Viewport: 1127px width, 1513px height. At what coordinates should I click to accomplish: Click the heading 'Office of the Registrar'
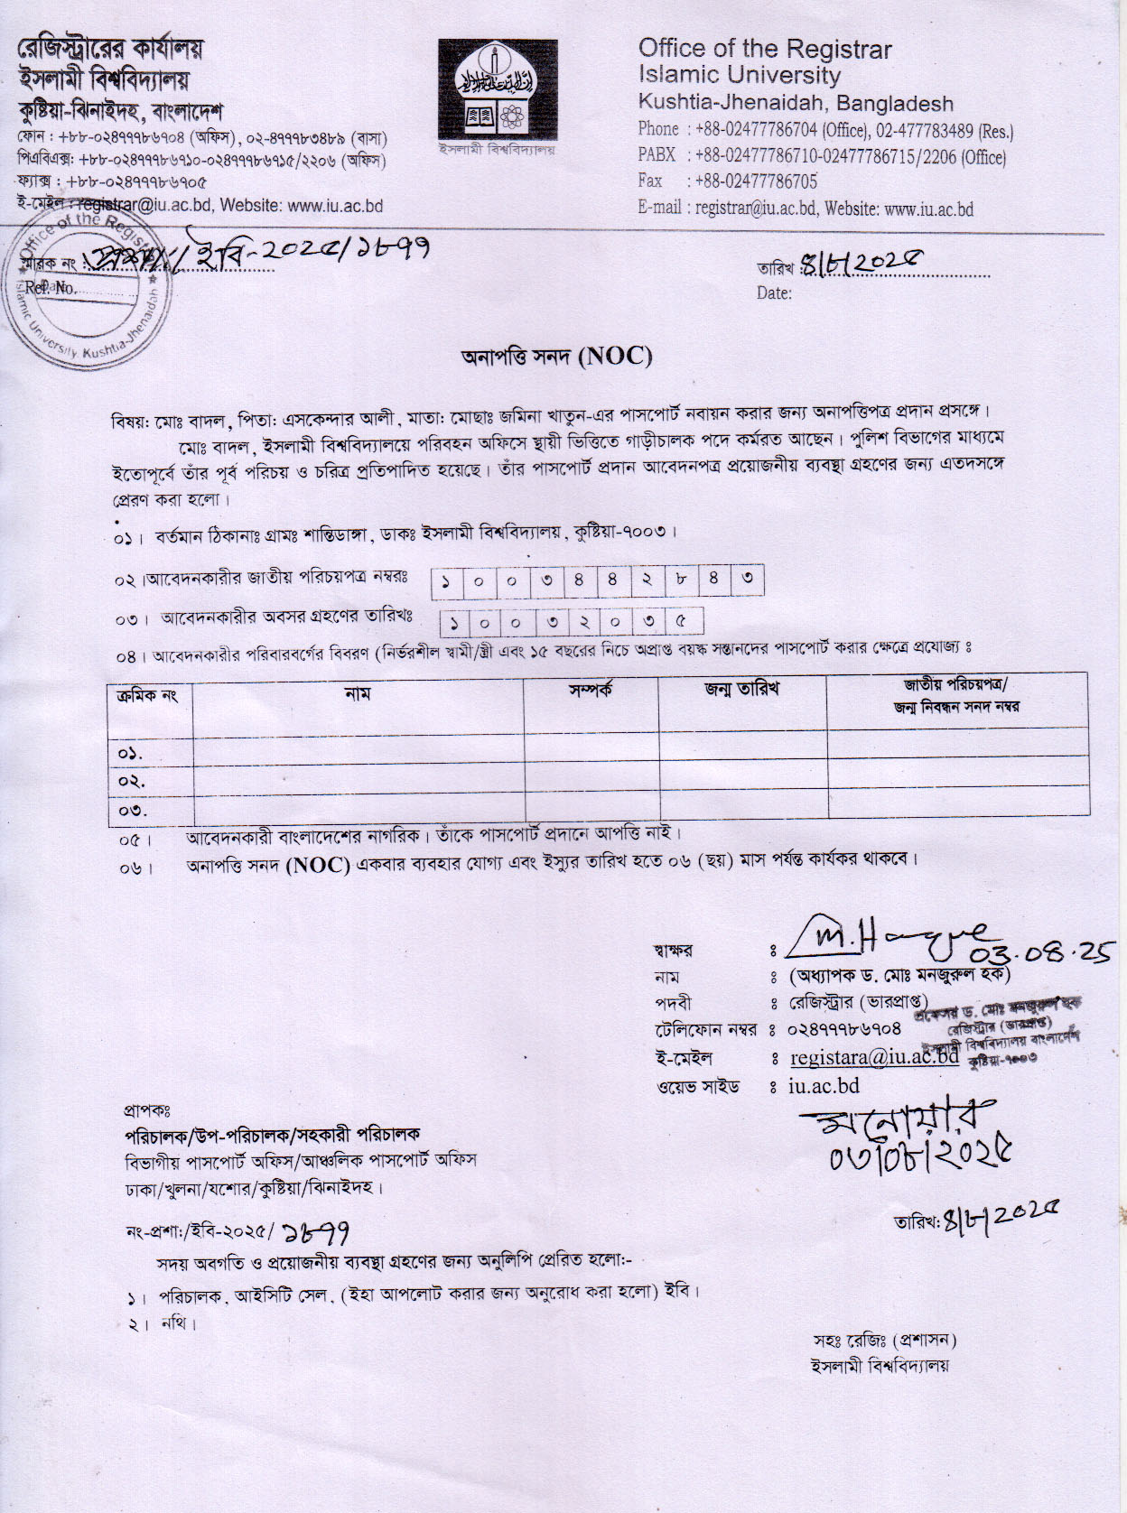764,49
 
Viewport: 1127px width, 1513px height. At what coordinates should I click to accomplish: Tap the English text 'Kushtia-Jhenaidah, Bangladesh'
795,103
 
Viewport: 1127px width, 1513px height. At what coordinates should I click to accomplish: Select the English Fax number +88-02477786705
755,181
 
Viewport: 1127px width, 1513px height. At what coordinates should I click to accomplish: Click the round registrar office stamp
86,283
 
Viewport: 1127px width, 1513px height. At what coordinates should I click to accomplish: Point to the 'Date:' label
774,293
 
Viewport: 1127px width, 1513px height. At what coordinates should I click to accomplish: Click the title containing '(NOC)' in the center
556,356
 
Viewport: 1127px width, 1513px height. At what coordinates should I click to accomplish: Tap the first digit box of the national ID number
446,580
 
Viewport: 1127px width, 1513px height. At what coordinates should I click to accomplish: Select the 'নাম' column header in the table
358,694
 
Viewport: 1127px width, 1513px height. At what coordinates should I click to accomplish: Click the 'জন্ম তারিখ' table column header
741,690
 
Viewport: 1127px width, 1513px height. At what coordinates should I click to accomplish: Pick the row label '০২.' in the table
132,781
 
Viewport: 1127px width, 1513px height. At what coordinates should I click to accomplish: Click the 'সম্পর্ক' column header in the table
591,691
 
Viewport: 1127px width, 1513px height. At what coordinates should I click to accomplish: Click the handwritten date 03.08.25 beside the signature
1041,952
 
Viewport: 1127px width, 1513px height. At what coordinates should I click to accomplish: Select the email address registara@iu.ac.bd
873,1057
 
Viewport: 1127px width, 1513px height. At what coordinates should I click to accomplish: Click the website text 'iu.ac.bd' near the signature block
824,1086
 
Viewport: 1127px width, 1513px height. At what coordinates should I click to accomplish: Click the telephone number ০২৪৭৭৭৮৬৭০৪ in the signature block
844,1029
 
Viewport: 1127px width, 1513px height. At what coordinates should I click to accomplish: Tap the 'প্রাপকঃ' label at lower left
147,1109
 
